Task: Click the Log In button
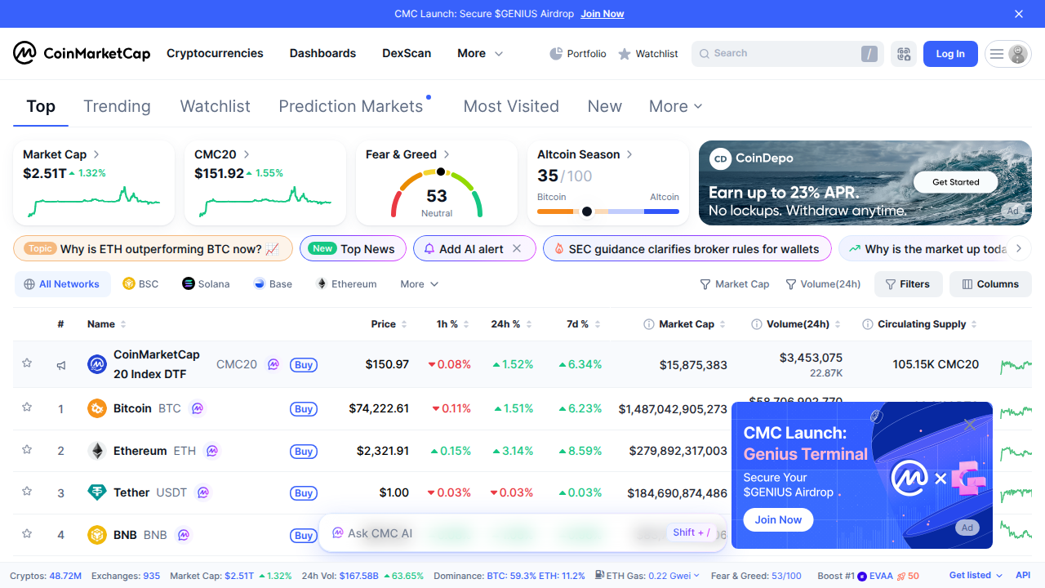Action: (949, 54)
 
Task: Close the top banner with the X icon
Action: (1018, 14)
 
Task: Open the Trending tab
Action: (117, 106)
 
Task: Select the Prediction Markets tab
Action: (351, 106)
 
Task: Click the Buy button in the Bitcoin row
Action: (304, 409)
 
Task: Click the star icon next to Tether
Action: (27, 492)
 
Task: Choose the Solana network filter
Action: (206, 284)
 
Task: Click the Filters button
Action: (908, 284)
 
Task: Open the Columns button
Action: (990, 284)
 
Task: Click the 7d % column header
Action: (578, 324)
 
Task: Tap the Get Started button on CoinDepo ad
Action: (955, 182)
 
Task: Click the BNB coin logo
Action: (97, 535)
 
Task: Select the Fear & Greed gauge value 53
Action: (437, 196)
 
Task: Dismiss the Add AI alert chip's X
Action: (517, 249)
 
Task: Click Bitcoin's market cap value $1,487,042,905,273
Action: (673, 408)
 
